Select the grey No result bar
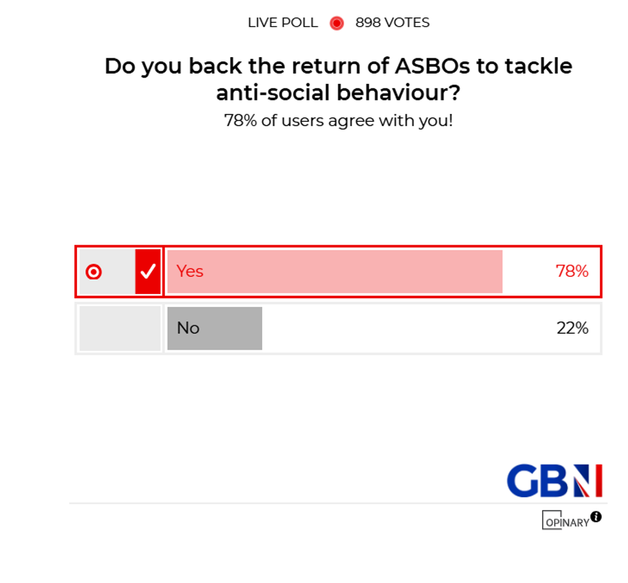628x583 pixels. click(x=231, y=328)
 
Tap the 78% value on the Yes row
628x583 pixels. click(x=572, y=272)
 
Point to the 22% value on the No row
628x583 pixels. click(x=572, y=328)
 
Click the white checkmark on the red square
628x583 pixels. click(x=148, y=272)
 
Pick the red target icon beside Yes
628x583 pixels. click(x=94, y=272)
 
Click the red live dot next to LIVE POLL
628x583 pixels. click(x=336, y=23)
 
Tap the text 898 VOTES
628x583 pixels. click(x=392, y=23)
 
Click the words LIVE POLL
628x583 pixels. click(x=283, y=23)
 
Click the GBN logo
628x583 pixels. click(x=554, y=481)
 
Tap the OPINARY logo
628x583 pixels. click(x=565, y=521)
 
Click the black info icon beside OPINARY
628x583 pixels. click(x=596, y=516)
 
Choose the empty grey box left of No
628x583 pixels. click(x=120, y=328)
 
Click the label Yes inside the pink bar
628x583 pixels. click(x=190, y=272)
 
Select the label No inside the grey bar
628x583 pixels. click(x=188, y=328)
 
